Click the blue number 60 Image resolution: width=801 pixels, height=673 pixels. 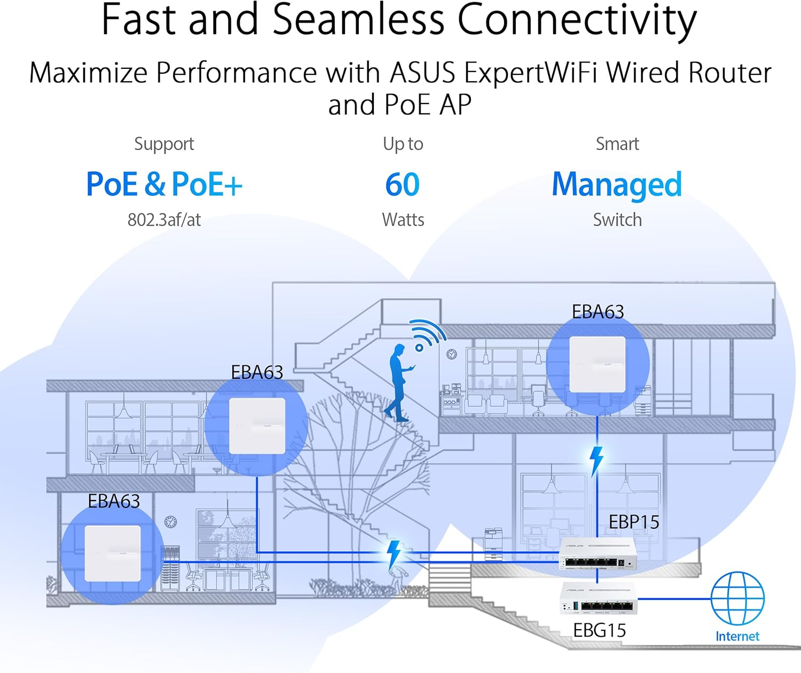pos(402,185)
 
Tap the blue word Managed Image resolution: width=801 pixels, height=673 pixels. pos(617,185)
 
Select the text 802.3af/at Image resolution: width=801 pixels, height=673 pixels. pos(164,220)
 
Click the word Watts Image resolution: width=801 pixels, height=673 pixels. pos(403,220)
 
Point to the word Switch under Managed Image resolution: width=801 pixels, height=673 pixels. pos(617,220)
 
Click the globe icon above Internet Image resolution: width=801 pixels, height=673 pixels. pos(737,598)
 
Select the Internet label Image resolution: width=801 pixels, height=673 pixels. pos(737,636)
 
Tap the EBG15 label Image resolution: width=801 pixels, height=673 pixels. pos(599,630)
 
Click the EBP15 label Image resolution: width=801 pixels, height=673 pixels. pos(634,522)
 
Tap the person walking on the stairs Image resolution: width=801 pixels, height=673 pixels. pos(399,382)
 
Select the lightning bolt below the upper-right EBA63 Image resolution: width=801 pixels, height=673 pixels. pos(596,460)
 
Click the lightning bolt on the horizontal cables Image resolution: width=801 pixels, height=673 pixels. pos(394,554)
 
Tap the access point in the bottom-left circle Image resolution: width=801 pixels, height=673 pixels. pos(113,553)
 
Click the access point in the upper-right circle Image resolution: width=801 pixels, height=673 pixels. pos(598,364)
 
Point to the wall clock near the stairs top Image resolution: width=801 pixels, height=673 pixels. pos(452,354)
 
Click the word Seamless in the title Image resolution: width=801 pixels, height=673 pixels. pos(358,20)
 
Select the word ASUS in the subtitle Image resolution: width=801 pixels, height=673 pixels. pos(423,73)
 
